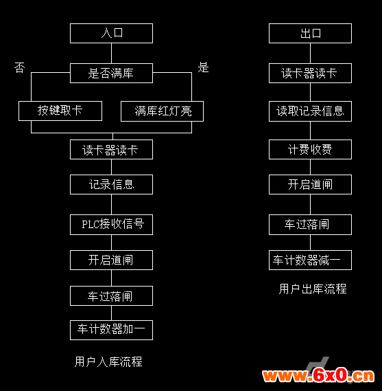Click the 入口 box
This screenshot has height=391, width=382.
tap(111, 33)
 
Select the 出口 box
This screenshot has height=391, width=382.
tap(310, 33)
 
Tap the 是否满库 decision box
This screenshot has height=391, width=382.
tap(111, 73)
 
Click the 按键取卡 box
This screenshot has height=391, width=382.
tap(60, 111)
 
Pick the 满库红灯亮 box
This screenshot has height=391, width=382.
tap(162, 111)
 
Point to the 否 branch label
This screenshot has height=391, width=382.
tap(20, 67)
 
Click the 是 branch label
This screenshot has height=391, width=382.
tap(203, 67)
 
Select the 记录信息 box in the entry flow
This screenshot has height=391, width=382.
tap(111, 185)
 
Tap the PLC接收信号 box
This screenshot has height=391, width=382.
tap(111, 225)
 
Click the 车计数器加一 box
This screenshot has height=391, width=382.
tap(111, 330)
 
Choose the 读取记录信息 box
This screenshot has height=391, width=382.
tap(310, 111)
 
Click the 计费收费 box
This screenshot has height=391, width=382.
tap(310, 149)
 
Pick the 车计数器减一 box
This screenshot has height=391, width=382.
tap(310, 260)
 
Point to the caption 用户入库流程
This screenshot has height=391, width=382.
tap(108, 362)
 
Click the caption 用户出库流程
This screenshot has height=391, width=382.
tap(313, 289)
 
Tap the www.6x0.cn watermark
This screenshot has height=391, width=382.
tap(318, 375)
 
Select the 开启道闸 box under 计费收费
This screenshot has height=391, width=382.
tap(310, 185)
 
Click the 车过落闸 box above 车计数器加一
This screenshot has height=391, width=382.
tap(111, 295)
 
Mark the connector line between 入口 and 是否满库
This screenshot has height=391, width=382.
tap(111, 53)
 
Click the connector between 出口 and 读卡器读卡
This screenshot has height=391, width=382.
tap(310, 53)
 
